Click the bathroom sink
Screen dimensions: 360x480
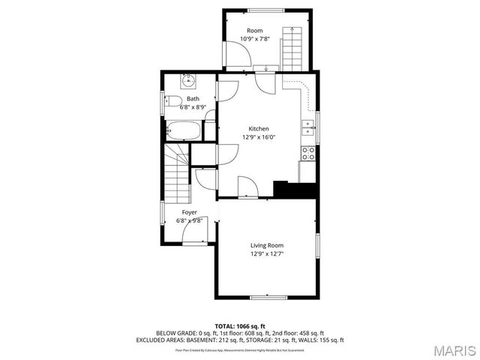coord(188,82)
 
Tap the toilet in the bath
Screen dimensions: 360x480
coord(172,102)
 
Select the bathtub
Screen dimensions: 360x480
coord(182,130)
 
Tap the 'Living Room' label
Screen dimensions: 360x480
coord(267,245)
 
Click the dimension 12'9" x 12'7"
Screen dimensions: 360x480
coord(267,253)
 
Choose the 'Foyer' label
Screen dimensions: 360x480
coord(190,212)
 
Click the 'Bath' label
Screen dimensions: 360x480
coord(193,99)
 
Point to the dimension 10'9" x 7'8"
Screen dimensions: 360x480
coord(256,38)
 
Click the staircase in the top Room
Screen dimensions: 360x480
coord(292,46)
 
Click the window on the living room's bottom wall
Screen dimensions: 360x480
coord(267,297)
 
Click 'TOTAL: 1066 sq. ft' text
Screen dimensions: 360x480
coord(240,326)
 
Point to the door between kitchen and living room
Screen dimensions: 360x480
coord(248,187)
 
